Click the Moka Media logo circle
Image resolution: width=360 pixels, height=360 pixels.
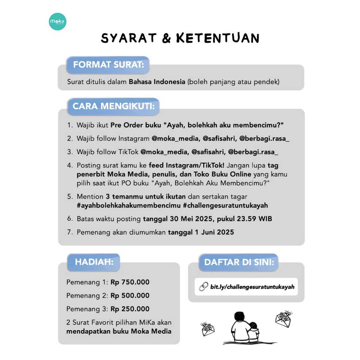(58, 22)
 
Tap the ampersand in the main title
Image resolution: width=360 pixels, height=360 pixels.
(166, 38)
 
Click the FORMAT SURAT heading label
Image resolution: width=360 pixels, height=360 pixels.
(108, 65)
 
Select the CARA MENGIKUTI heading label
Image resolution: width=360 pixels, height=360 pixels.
(113, 106)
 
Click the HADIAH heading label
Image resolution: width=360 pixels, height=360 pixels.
(94, 262)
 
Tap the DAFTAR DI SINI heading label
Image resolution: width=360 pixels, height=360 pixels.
(239, 262)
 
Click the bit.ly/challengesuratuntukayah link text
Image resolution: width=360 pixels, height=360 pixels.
(252, 287)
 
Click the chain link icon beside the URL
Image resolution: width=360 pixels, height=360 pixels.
(204, 287)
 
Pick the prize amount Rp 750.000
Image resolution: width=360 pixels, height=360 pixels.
(130, 282)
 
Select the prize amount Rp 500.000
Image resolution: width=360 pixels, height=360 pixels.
(130, 296)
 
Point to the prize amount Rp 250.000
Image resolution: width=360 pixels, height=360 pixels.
(130, 309)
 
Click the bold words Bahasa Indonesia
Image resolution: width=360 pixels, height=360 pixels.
(157, 82)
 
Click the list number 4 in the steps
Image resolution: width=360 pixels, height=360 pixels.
(70, 165)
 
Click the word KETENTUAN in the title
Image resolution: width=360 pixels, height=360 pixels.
(218, 38)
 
